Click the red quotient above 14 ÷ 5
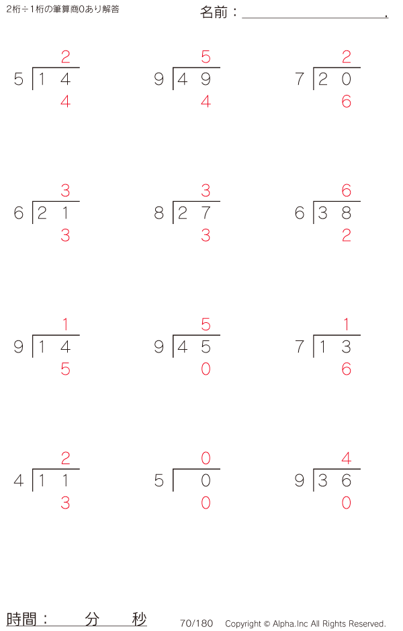[x=66, y=57]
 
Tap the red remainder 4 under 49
[x=206, y=102]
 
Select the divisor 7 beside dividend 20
[x=300, y=79]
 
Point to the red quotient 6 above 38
[x=347, y=191]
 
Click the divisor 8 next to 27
[x=159, y=213]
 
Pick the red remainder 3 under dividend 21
[x=66, y=235]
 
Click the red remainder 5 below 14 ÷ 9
[x=66, y=369]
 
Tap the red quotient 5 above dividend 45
[x=206, y=324]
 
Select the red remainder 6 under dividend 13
[x=347, y=369]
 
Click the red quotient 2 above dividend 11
[x=66, y=458]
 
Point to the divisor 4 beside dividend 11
[x=19, y=480]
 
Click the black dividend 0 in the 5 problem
[x=206, y=480]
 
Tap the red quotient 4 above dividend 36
[x=347, y=458]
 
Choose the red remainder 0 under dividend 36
[x=347, y=503]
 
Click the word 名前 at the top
[x=214, y=13]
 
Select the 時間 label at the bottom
[x=21, y=619]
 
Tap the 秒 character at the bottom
[x=140, y=619]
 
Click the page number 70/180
[x=197, y=624]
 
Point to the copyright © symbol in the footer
[x=267, y=624]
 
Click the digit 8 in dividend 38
[x=347, y=213]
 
